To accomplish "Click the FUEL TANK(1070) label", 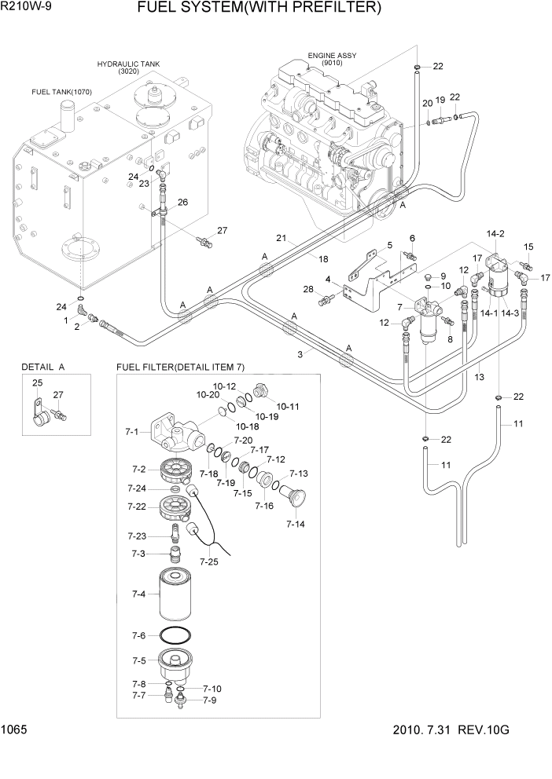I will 61,92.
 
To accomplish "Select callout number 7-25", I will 208,561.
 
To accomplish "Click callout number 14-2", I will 495,233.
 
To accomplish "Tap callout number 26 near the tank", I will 182,202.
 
